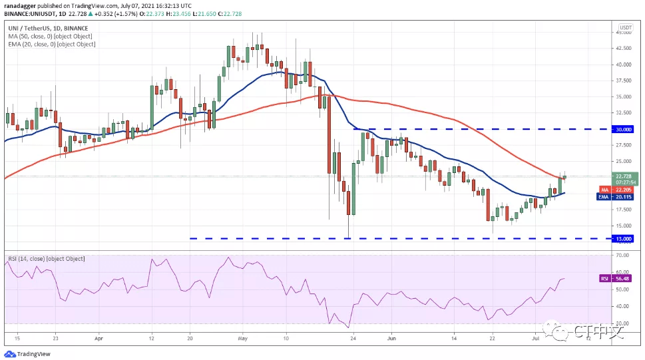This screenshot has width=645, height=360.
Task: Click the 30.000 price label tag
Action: pos(623,129)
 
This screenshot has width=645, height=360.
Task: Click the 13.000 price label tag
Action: pos(623,238)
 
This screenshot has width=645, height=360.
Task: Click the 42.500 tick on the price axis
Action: pos(623,49)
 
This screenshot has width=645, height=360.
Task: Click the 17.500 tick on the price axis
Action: pos(623,210)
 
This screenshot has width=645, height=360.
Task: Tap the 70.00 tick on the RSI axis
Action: pos(623,255)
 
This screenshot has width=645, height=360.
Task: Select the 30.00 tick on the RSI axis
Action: pos(623,323)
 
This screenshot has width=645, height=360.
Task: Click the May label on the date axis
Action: pos(242,339)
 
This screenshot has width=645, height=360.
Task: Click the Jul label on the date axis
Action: pos(535,339)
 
